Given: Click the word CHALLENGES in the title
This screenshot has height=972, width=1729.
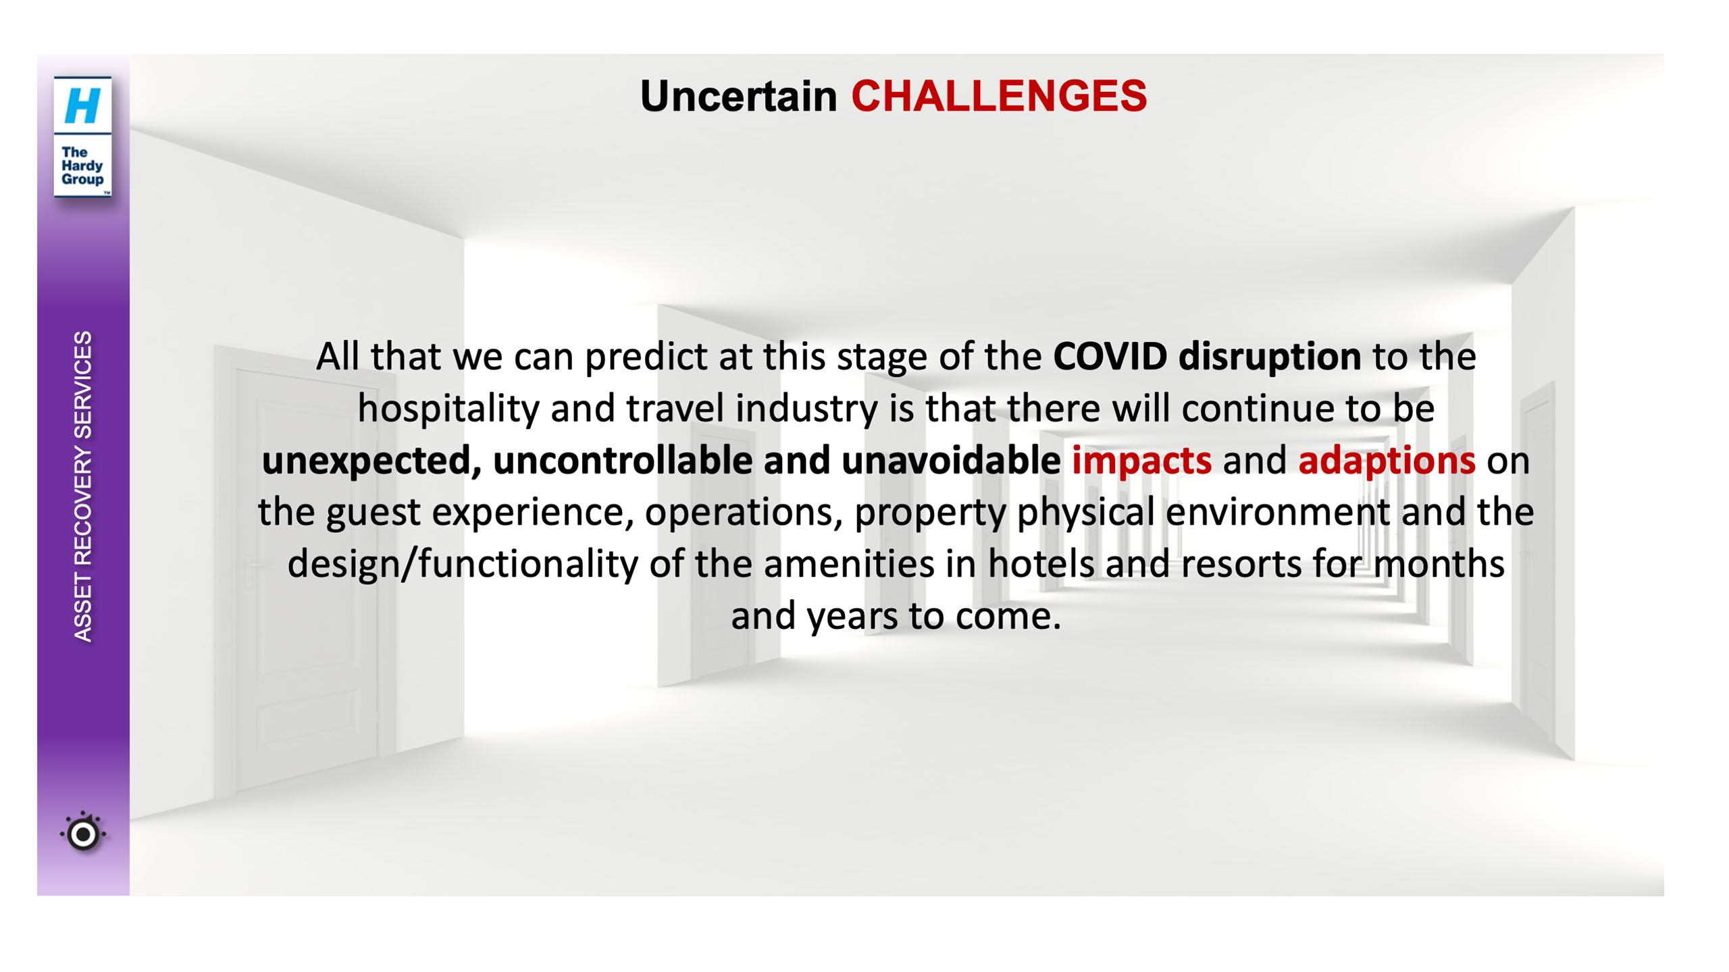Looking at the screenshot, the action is click(998, 96).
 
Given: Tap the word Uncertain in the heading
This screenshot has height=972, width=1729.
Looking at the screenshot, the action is click(738, 96).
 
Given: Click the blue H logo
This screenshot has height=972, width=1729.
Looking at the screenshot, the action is click(82, 105).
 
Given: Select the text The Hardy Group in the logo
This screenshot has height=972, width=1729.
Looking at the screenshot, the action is click(82, 165).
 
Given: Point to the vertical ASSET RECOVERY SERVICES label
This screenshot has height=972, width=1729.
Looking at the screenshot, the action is click(82, 486).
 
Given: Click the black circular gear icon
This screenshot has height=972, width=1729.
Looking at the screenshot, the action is click(83, 834).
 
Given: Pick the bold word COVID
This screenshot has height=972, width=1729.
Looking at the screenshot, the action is click(1110, 356).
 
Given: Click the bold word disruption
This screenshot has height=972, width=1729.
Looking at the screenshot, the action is click(1270, 357).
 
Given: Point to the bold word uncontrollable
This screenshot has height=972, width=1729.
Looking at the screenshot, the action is click(623, 460).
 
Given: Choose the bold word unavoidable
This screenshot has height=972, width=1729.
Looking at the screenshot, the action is click(951, 460).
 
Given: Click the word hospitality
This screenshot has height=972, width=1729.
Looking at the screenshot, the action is click(448, 409).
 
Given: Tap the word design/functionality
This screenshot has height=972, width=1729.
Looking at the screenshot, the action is click(463, 565).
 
